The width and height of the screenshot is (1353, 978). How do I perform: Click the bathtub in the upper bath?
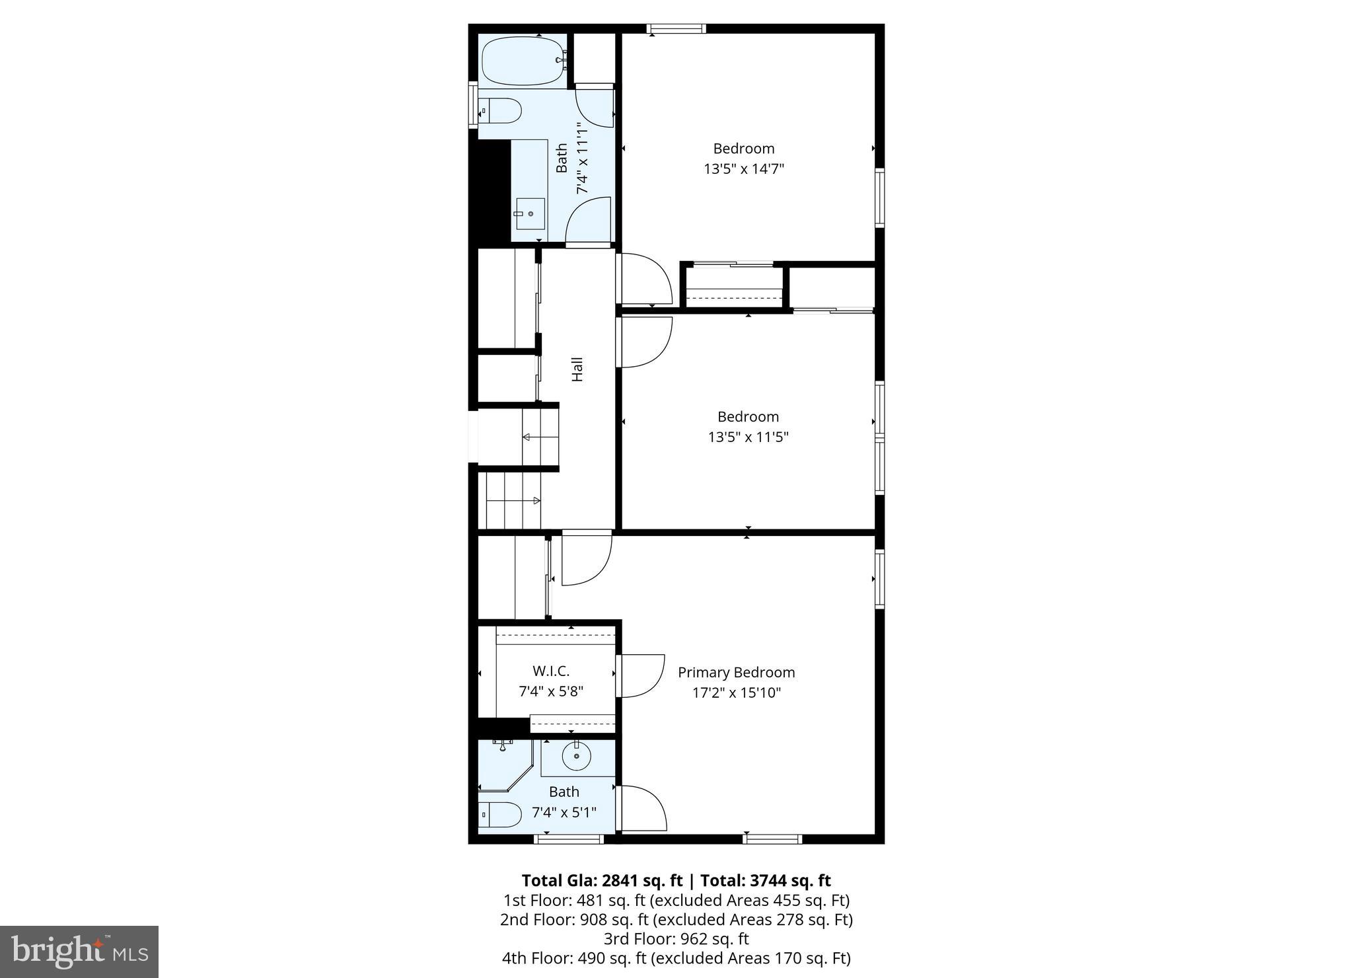coord(522,60)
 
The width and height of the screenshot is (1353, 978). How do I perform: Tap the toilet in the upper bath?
coord(499,111)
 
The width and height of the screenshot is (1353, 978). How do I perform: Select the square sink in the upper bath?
coord(529,213)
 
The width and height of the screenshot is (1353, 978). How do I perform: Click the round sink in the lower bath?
coord(576,757)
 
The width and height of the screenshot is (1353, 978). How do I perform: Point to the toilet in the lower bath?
coord(499,814)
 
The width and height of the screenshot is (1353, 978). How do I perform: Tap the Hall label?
coord(577,369)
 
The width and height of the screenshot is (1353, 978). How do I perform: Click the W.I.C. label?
coord(551,671)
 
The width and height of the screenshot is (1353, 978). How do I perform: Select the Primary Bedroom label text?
coord(736,673)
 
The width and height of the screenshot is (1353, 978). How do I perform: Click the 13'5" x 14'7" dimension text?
coord(744,169)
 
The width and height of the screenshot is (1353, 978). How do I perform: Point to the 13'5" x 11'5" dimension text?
coord(749,437)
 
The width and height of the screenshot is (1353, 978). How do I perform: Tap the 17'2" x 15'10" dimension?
coord(736,693)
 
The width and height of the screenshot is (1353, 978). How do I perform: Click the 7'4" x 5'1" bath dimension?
coord(564,812)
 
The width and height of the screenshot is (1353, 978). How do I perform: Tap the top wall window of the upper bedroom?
coord(676,28)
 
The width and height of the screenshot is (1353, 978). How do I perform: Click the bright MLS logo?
coord(79,952)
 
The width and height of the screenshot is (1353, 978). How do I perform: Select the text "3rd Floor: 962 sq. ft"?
coord(676,938)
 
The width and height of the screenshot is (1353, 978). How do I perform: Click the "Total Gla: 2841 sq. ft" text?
coord(602,880)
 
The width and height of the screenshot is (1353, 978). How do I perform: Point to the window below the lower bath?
coord(569,839)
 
